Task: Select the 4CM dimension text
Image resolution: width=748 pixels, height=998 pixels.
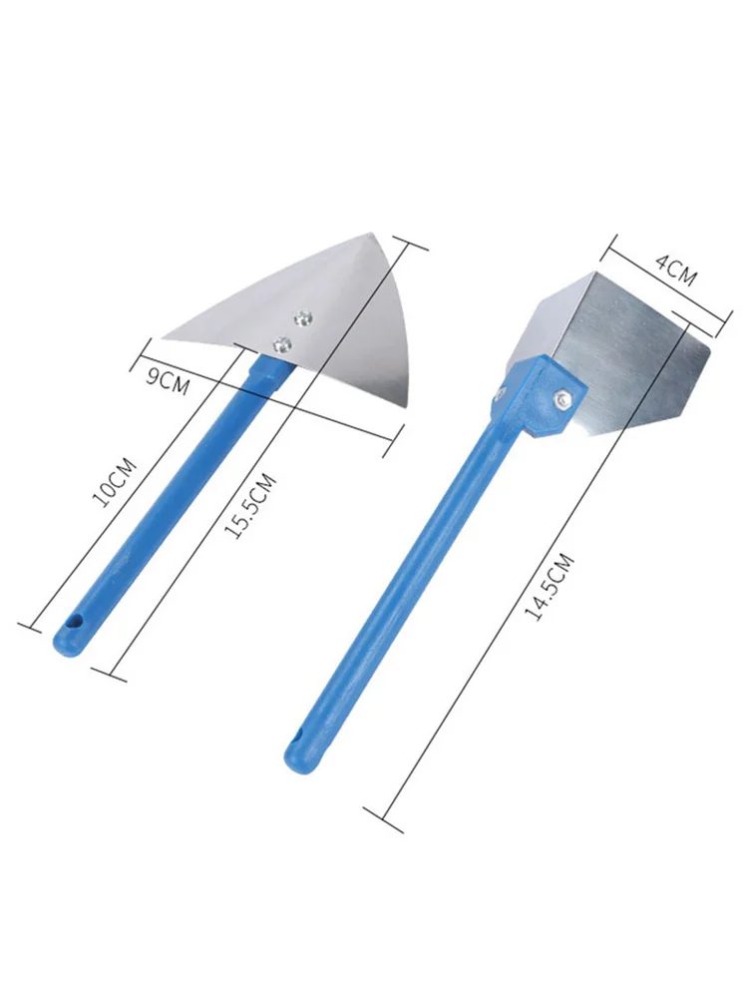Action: pos(675,271)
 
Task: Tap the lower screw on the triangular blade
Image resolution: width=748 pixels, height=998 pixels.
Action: pos(279,344)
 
